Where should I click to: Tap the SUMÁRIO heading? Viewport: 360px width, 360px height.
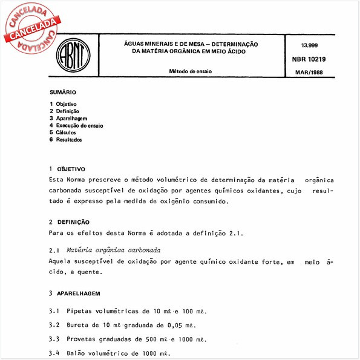point(63,93)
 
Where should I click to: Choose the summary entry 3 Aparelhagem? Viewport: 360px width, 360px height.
point(68,119)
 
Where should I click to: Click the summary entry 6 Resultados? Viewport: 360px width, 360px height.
point(66,140)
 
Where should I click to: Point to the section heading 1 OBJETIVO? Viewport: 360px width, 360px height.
point(67,169)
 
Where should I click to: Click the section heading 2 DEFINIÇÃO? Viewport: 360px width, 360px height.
point(68,222)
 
